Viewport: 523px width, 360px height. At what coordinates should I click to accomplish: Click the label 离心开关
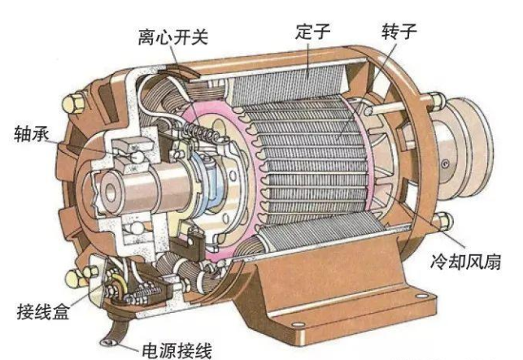172,37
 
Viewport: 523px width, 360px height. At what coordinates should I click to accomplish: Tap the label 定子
312,31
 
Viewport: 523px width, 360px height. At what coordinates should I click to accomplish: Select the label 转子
399,31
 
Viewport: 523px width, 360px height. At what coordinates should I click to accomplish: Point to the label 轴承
32,134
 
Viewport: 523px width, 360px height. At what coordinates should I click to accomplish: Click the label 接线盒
43,312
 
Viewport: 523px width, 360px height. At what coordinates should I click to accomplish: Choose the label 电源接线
177,350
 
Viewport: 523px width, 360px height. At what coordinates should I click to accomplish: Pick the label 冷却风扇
465,261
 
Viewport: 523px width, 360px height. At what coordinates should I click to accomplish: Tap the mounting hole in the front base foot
298,323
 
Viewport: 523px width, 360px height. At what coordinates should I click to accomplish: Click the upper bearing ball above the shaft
136,156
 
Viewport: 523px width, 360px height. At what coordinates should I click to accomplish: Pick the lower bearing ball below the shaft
137,228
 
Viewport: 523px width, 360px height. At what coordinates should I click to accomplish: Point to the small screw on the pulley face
445,163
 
